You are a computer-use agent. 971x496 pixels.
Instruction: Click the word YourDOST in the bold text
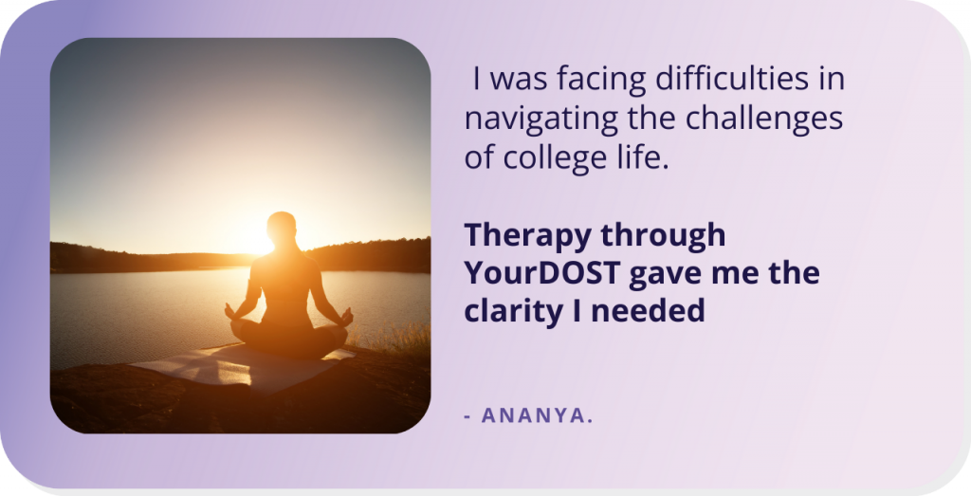click(x=542, y=273)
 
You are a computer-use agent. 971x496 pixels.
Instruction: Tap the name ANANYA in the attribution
click(x=537, y=415)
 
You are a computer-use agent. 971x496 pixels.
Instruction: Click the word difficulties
click(x=732, y=79)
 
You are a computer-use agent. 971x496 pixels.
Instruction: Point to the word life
click(x=650, y=157)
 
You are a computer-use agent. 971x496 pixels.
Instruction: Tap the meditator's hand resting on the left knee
click(x=231, y=311)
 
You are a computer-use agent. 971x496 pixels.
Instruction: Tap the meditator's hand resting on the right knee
click(x=347, y=317)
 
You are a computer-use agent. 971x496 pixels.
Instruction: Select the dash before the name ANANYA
click(x=467, y=416)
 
